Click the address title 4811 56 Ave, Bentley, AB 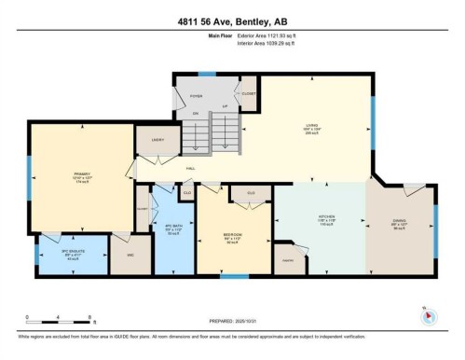(x=232, y=21)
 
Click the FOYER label (x=197, y=96)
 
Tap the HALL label (x=190, y=169)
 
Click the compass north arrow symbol (x=428, y=315)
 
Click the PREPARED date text (x=232, y=317)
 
